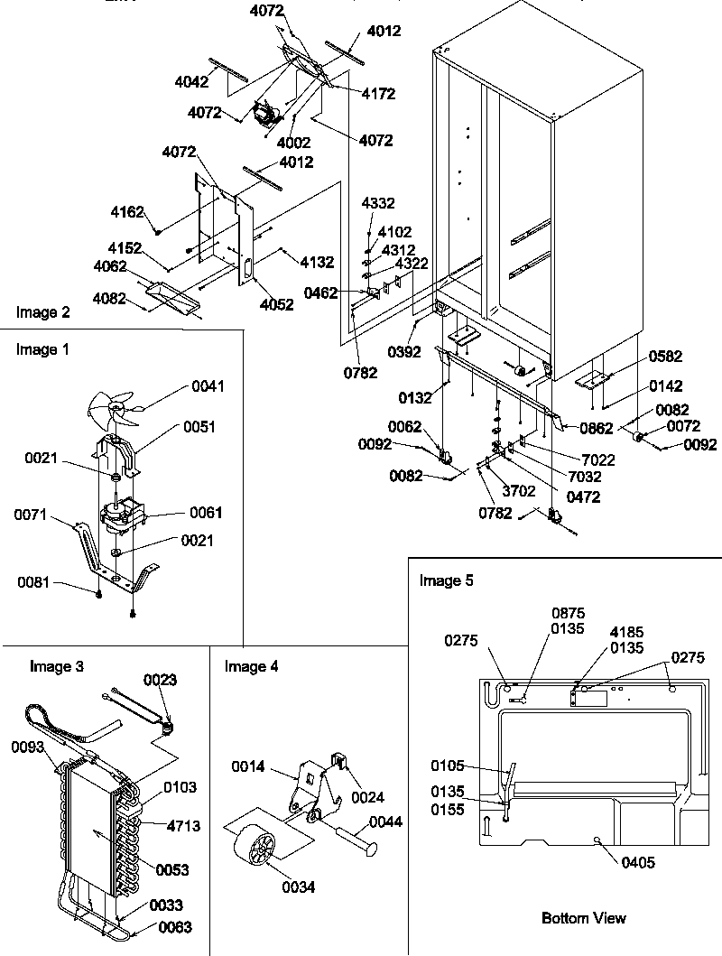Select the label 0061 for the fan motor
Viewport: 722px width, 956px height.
(x=206, y=513)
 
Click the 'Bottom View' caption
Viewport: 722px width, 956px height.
(x=583, y=918)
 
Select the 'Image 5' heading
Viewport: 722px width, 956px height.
(x=446, y=580)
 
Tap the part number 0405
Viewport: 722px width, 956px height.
(x=639, y=863)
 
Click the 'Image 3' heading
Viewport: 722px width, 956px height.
(x=57, y=667)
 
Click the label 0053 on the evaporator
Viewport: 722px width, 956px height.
(x=171, y=870)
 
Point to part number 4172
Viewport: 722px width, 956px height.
(x=378, y=94)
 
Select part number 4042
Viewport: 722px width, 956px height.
(x=192, y=81)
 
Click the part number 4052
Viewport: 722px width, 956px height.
(x=276, y=305)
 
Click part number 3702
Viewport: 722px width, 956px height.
(x=518, y=491)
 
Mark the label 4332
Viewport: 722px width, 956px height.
(x=379, y=204)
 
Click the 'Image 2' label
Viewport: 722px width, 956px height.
(x=42, y=313)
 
